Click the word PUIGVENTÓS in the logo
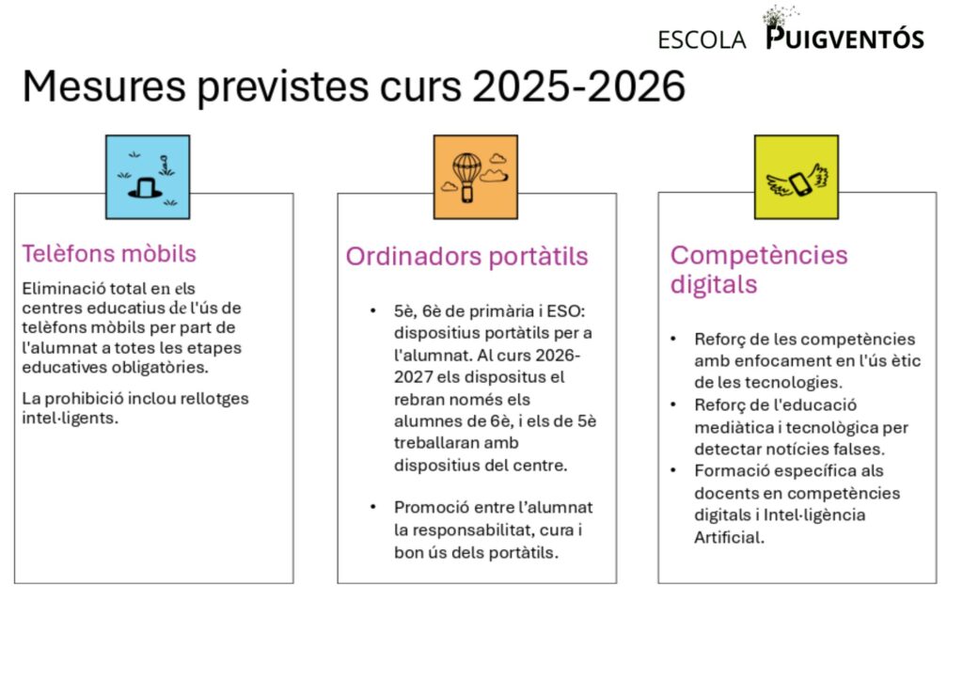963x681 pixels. tap(845, 38)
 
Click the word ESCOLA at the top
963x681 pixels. tap(702, 40)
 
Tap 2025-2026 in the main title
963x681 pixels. tap(578, 86)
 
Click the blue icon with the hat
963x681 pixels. tap(148, 177)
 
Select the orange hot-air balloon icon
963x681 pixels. tap(475, 177)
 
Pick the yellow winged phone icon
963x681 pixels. tap(796, 177)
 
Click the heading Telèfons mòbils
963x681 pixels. tap(109, 253)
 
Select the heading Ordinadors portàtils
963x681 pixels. tap(466, 256)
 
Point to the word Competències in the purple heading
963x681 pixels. tap(759, 256)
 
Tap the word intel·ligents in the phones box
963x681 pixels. tap(70, 419)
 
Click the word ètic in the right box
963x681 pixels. tap(907, 360)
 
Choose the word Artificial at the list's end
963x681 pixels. tap(729, 537)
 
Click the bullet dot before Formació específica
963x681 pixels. tap(673, 470)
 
